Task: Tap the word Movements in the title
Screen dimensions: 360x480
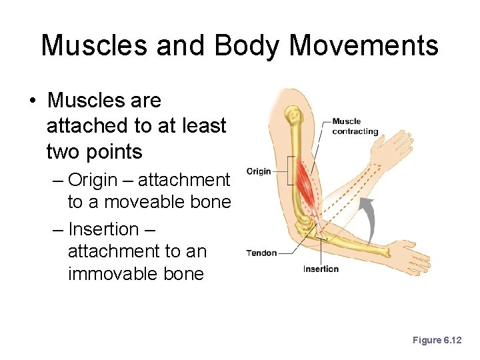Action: (x=364, y=46)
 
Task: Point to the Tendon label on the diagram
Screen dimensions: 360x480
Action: (x=261, y=253)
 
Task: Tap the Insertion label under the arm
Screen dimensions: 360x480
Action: (x=321, y=269)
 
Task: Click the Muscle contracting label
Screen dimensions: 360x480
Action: (x=355, y=126)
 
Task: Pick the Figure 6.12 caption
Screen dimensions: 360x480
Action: (x=437, y=340)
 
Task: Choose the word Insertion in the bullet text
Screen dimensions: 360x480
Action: (x=103, y=229)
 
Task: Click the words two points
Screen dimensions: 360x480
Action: (x=94, y=151)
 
